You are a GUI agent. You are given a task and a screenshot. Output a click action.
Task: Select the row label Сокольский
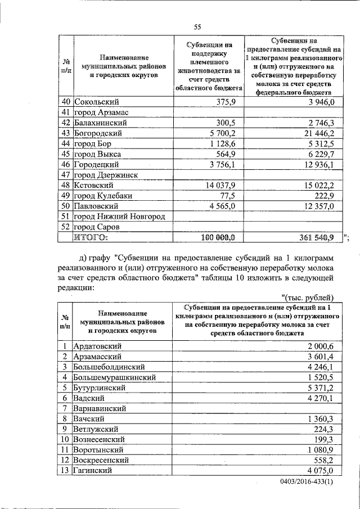pyautogui.click(x=96, y=102)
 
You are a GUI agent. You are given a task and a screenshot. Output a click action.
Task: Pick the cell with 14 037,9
pyautogui.click(x=220, y=185)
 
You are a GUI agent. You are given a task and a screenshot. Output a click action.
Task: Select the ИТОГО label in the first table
pyautogui.click(x=91, y=238)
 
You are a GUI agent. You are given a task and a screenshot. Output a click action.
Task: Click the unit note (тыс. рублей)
pyautogui.click(x=308, y=297)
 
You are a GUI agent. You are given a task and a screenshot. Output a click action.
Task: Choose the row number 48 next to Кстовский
pyautogui.click(x=65, y=185)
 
